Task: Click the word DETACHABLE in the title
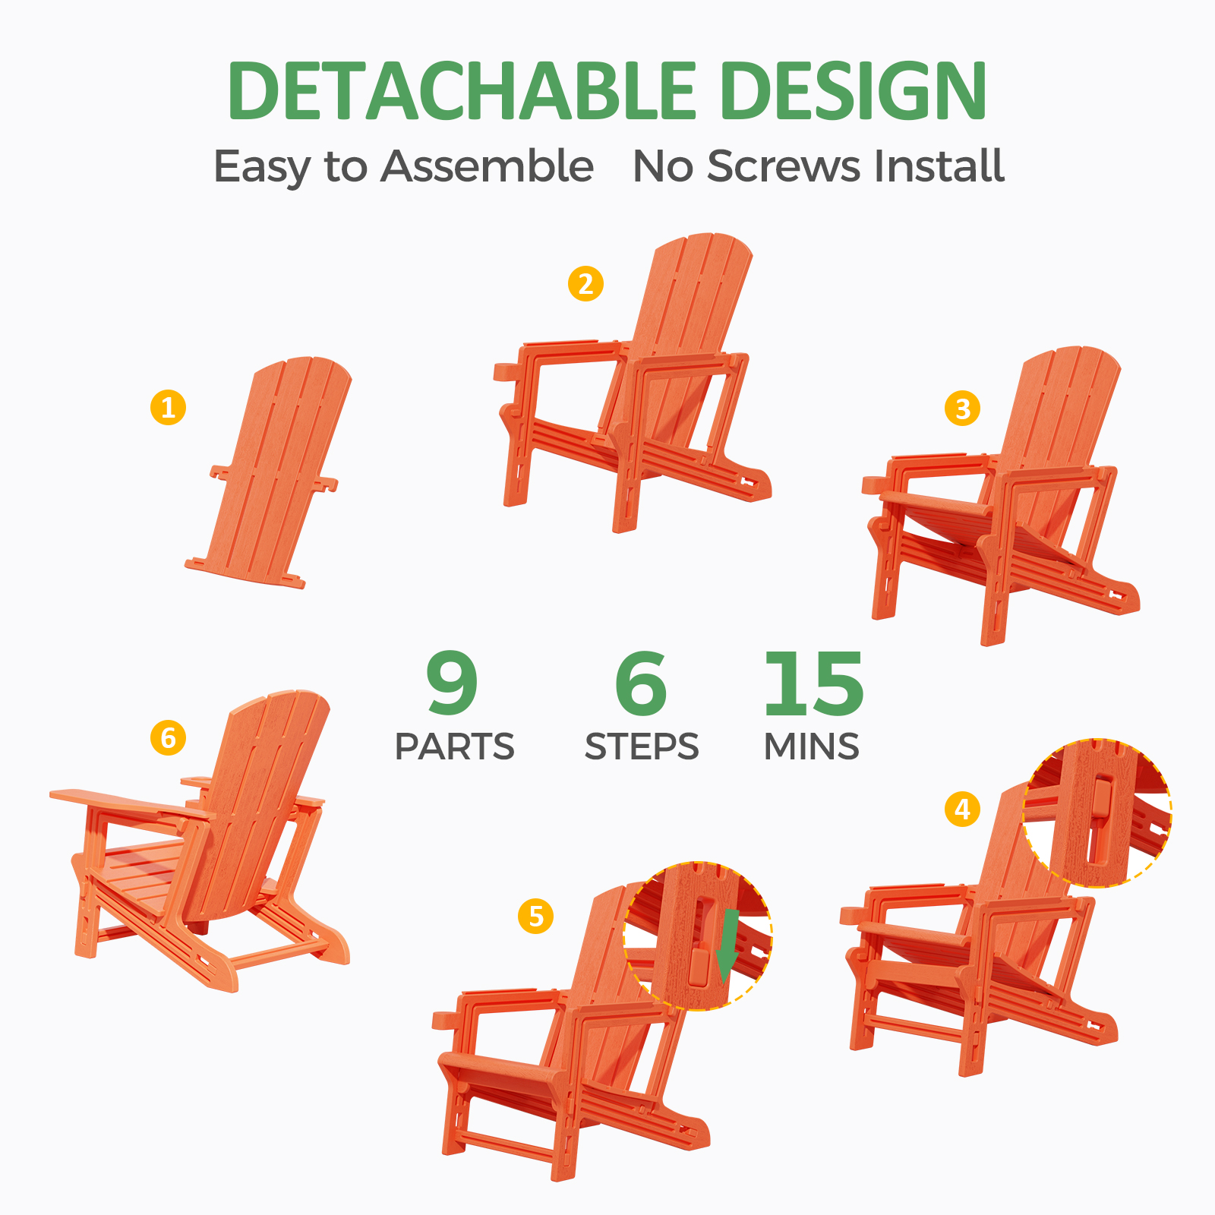[x=462, y=90]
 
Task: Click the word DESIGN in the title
[x=854, y=90]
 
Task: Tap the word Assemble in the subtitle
[x=487, y=166]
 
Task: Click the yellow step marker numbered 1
[x=168, y=407]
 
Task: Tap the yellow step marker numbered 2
[x=585, y=284]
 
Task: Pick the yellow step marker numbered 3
[x=962, y=409]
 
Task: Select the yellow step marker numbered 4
[x=962, y=809]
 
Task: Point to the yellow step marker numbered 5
[x=535, y=916]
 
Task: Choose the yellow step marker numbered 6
[x=168, y=737]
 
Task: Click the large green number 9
[x=452, y=683]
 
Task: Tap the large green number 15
[x=814, y=683]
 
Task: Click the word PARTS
[x=454, y=746]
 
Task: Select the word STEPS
[x=642, y=746]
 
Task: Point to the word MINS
[x=812, y=746]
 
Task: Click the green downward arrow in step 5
[x=728, y=945]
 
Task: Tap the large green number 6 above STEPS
[x=641, y=683]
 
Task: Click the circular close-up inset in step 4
[x=1097, y=813]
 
